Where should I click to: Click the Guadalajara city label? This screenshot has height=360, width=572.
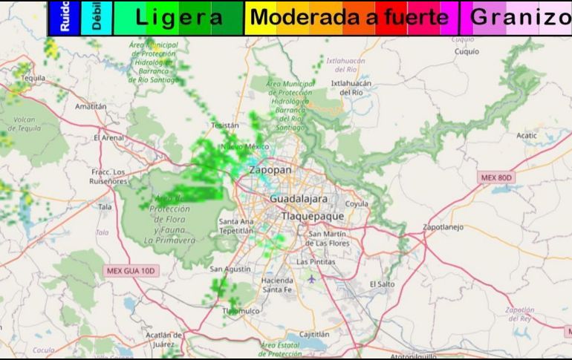coord(298,200)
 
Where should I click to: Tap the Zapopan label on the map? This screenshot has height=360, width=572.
coord(270,170)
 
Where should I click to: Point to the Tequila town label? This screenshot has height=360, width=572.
coord(33,77)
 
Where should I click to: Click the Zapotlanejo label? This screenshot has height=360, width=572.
coord(447,226)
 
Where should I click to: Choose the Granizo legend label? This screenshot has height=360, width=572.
coord(520,18)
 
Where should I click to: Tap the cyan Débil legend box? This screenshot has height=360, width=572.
coord(97,19)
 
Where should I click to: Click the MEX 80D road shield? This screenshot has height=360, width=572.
coord(496,178)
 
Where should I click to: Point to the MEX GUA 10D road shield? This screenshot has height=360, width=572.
coord(129,271)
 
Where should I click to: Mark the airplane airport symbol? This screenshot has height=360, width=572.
coord(311,279)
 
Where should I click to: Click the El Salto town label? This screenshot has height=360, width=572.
coord(382,284)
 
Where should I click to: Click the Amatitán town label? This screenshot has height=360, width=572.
coord(91,106)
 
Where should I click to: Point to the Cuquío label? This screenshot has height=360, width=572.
coord(467,52)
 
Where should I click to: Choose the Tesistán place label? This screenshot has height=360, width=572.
coord(225,126)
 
